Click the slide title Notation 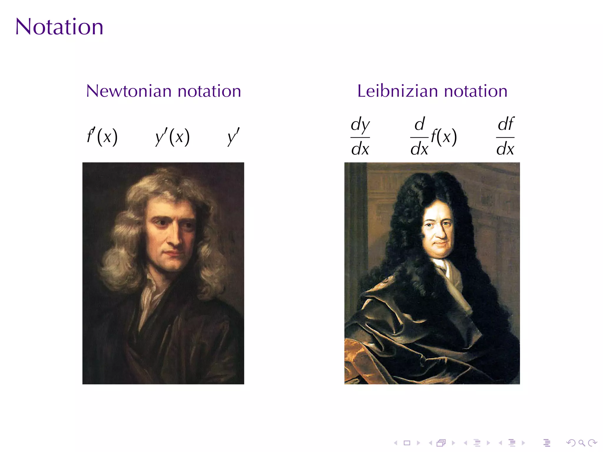(x=59, y=27)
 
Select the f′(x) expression (x=102, y=137)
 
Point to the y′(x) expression (x=173, y=137)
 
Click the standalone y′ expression (x=233, y=137)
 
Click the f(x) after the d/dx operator (x=444, y=137)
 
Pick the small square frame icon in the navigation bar (x=407, y=443)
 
